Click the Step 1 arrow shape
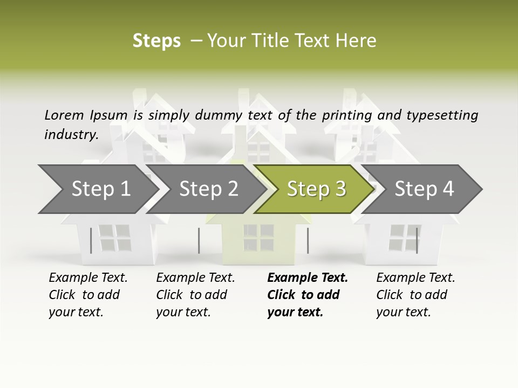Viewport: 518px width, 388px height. [x=101, y=189]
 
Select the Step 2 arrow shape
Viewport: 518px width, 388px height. [x=209, y=189]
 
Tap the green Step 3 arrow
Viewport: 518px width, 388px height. [x=316, y=189]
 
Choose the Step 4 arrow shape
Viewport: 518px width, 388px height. [x=424, y=189]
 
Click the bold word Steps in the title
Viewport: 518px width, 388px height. [x=156, y=40]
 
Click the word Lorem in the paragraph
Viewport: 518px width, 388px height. [x=64, y=115]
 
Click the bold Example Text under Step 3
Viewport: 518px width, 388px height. [x=308, y=278]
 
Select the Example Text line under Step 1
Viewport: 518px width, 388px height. [x=88, y=278]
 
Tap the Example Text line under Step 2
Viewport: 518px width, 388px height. [x=195, y=278]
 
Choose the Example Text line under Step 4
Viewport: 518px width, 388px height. [x=415, y=278]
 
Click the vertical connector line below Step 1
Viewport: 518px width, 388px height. [x=91, y=240]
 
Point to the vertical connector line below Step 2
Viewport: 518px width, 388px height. [x=199, y=240]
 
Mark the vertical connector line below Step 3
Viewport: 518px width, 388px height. [x=308, y=240]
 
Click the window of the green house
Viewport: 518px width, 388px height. [x=258, y=238]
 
